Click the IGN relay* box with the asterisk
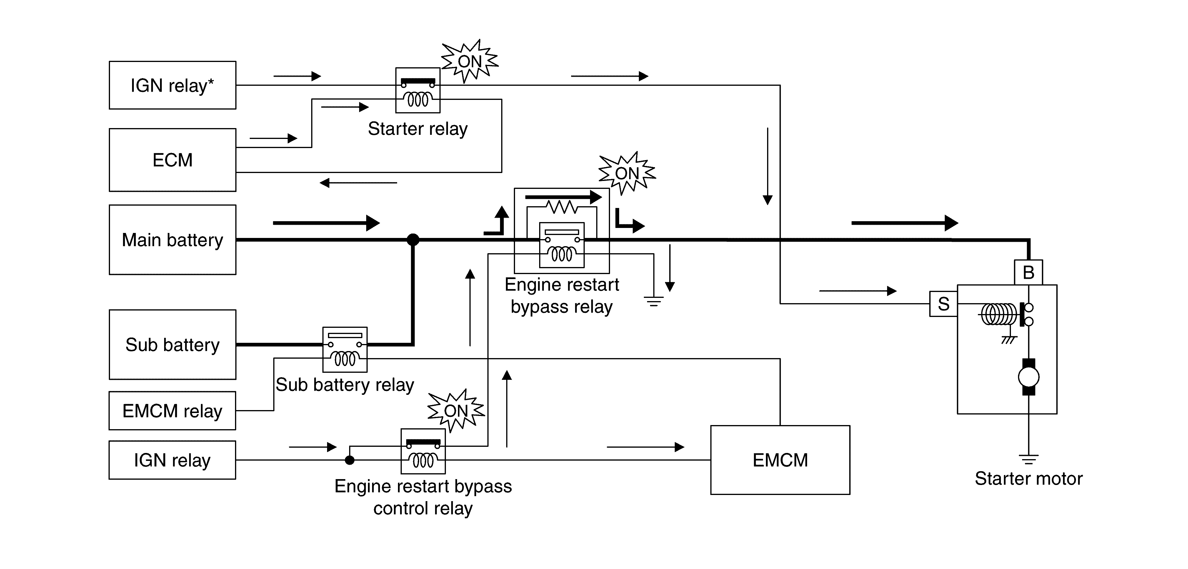pos(172,85)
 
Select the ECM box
pos(172,160)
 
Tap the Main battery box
pos(172,240)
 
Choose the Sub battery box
pos(172,345)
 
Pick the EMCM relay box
pos(172,410)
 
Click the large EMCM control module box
pos(780,460)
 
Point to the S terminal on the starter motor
pos(943,304)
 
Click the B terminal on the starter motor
pos(1028,272)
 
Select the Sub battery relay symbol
pos(345,350)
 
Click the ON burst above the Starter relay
pos(469,61)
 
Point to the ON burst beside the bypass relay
pos(627,173)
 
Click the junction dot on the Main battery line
pos(413,240)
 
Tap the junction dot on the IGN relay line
pos(349,460)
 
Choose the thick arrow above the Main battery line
pos(326,223)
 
